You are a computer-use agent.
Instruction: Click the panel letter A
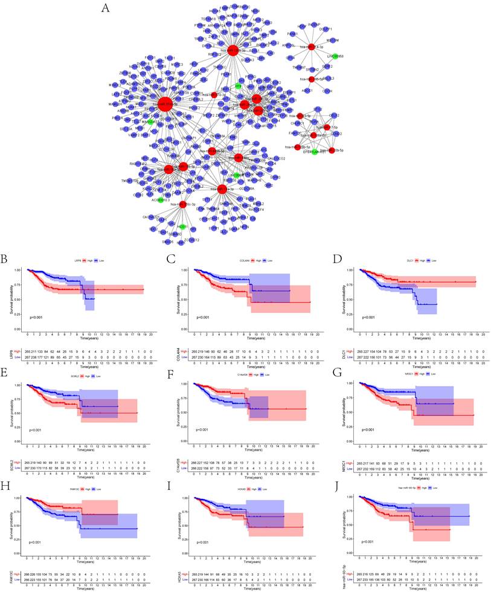106,8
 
